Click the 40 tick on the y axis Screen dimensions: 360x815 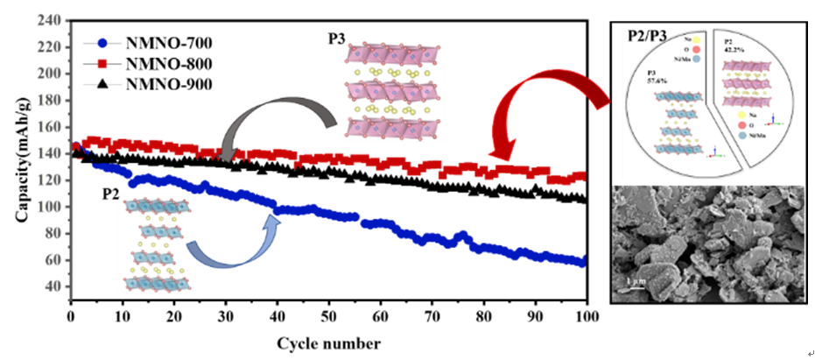coord(56,286)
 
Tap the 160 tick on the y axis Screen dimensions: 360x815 coord(53,126)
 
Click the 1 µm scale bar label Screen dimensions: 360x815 coord(638,283)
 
